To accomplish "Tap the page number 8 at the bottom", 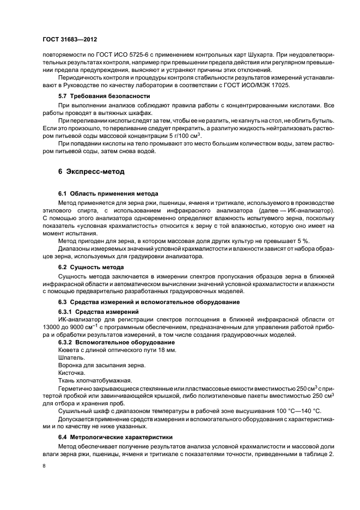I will point(45,466).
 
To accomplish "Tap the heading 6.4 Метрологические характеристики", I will point(115,437).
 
